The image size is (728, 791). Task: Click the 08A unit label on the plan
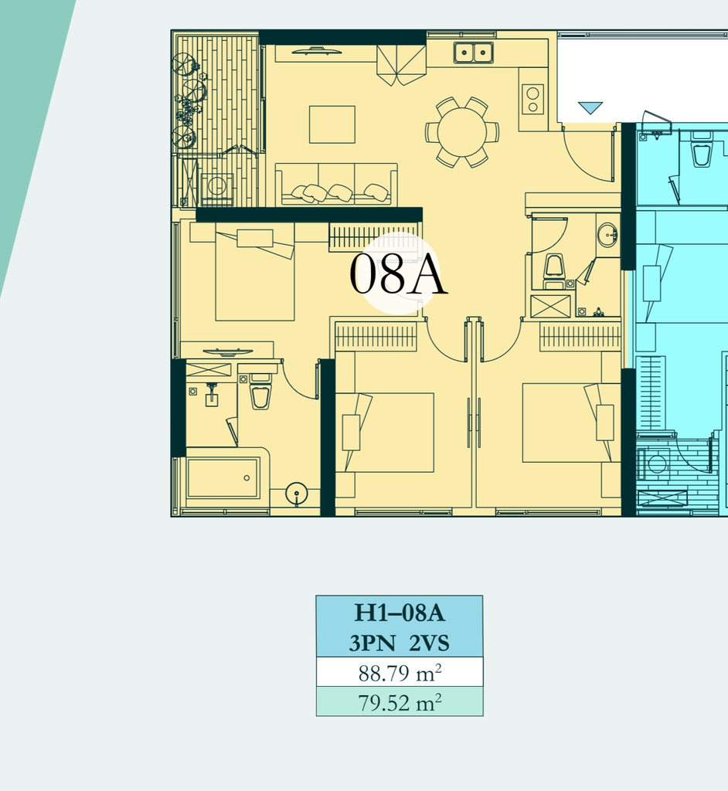coord(398,273)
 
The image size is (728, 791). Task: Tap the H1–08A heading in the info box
coord(400,613)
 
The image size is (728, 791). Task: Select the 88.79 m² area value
coord(400,673)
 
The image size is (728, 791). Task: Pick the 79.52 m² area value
coord(400,702)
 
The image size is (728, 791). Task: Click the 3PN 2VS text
coord(400,643)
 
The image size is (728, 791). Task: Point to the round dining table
coord(462,132)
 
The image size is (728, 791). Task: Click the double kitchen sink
coord(474,53)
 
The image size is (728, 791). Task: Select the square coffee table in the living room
coord(332,124)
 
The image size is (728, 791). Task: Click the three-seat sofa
coord(336,184)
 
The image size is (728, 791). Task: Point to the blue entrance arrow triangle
coord(590,107)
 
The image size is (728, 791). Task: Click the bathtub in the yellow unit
coord(223,477)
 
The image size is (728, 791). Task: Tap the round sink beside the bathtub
coord(297,494)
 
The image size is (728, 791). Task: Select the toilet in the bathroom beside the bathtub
coord(260,392)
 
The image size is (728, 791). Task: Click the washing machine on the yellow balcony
coord(217,187)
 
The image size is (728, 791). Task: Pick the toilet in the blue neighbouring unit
coord(702,150)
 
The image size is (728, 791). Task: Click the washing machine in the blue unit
coord(655,463)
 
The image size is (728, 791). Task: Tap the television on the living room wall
coord(317,51)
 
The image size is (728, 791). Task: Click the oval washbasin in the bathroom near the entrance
coord(607,236)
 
